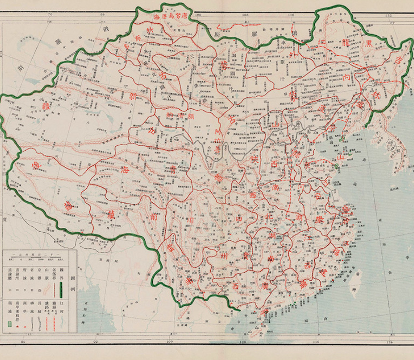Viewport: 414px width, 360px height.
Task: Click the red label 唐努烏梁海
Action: pos(170,17)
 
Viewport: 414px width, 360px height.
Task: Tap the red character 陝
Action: pos(253,159)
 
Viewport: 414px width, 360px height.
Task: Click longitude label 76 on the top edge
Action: pos(49,15)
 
